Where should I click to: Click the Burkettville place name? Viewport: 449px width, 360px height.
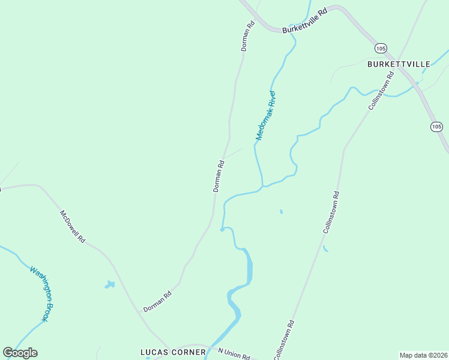coord(399,64)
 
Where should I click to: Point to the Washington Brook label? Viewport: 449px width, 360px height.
coord(43,293)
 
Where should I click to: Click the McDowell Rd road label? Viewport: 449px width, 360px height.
coord(72,226)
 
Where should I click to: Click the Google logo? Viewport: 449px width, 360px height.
coord(20,352)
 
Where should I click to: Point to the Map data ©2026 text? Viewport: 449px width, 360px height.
coord(423,355)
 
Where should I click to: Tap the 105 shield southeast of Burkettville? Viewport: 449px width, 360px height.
coord(436,126)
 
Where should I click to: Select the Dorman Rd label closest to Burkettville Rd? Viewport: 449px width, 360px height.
coord(247,37)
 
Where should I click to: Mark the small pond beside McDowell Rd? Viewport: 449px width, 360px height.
coord(109,284)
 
